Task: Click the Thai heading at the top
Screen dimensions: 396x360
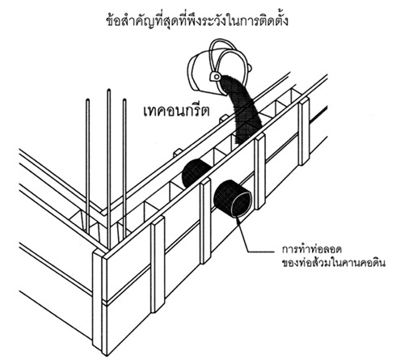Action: pos(197,19)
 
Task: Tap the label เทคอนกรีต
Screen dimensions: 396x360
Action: pos(176,110)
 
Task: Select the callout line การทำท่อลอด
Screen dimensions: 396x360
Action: pos(312,249)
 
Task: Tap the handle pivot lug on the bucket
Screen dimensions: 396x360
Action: pos(216,77)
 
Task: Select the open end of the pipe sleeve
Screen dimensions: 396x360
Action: pos(242,204)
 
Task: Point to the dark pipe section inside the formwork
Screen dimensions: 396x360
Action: pos(195,172)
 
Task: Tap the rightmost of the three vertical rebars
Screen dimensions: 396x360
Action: pos(124,168)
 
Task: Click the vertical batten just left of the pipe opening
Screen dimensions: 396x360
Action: pos(205,221)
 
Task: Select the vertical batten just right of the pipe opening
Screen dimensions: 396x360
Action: pos(260,172)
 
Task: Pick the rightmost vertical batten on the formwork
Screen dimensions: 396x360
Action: pos(304,131)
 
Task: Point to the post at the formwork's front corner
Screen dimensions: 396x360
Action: pos(99,299)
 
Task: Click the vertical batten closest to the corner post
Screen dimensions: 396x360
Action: pos(158,265)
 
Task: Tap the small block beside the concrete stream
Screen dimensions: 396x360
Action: pos(225,118)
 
